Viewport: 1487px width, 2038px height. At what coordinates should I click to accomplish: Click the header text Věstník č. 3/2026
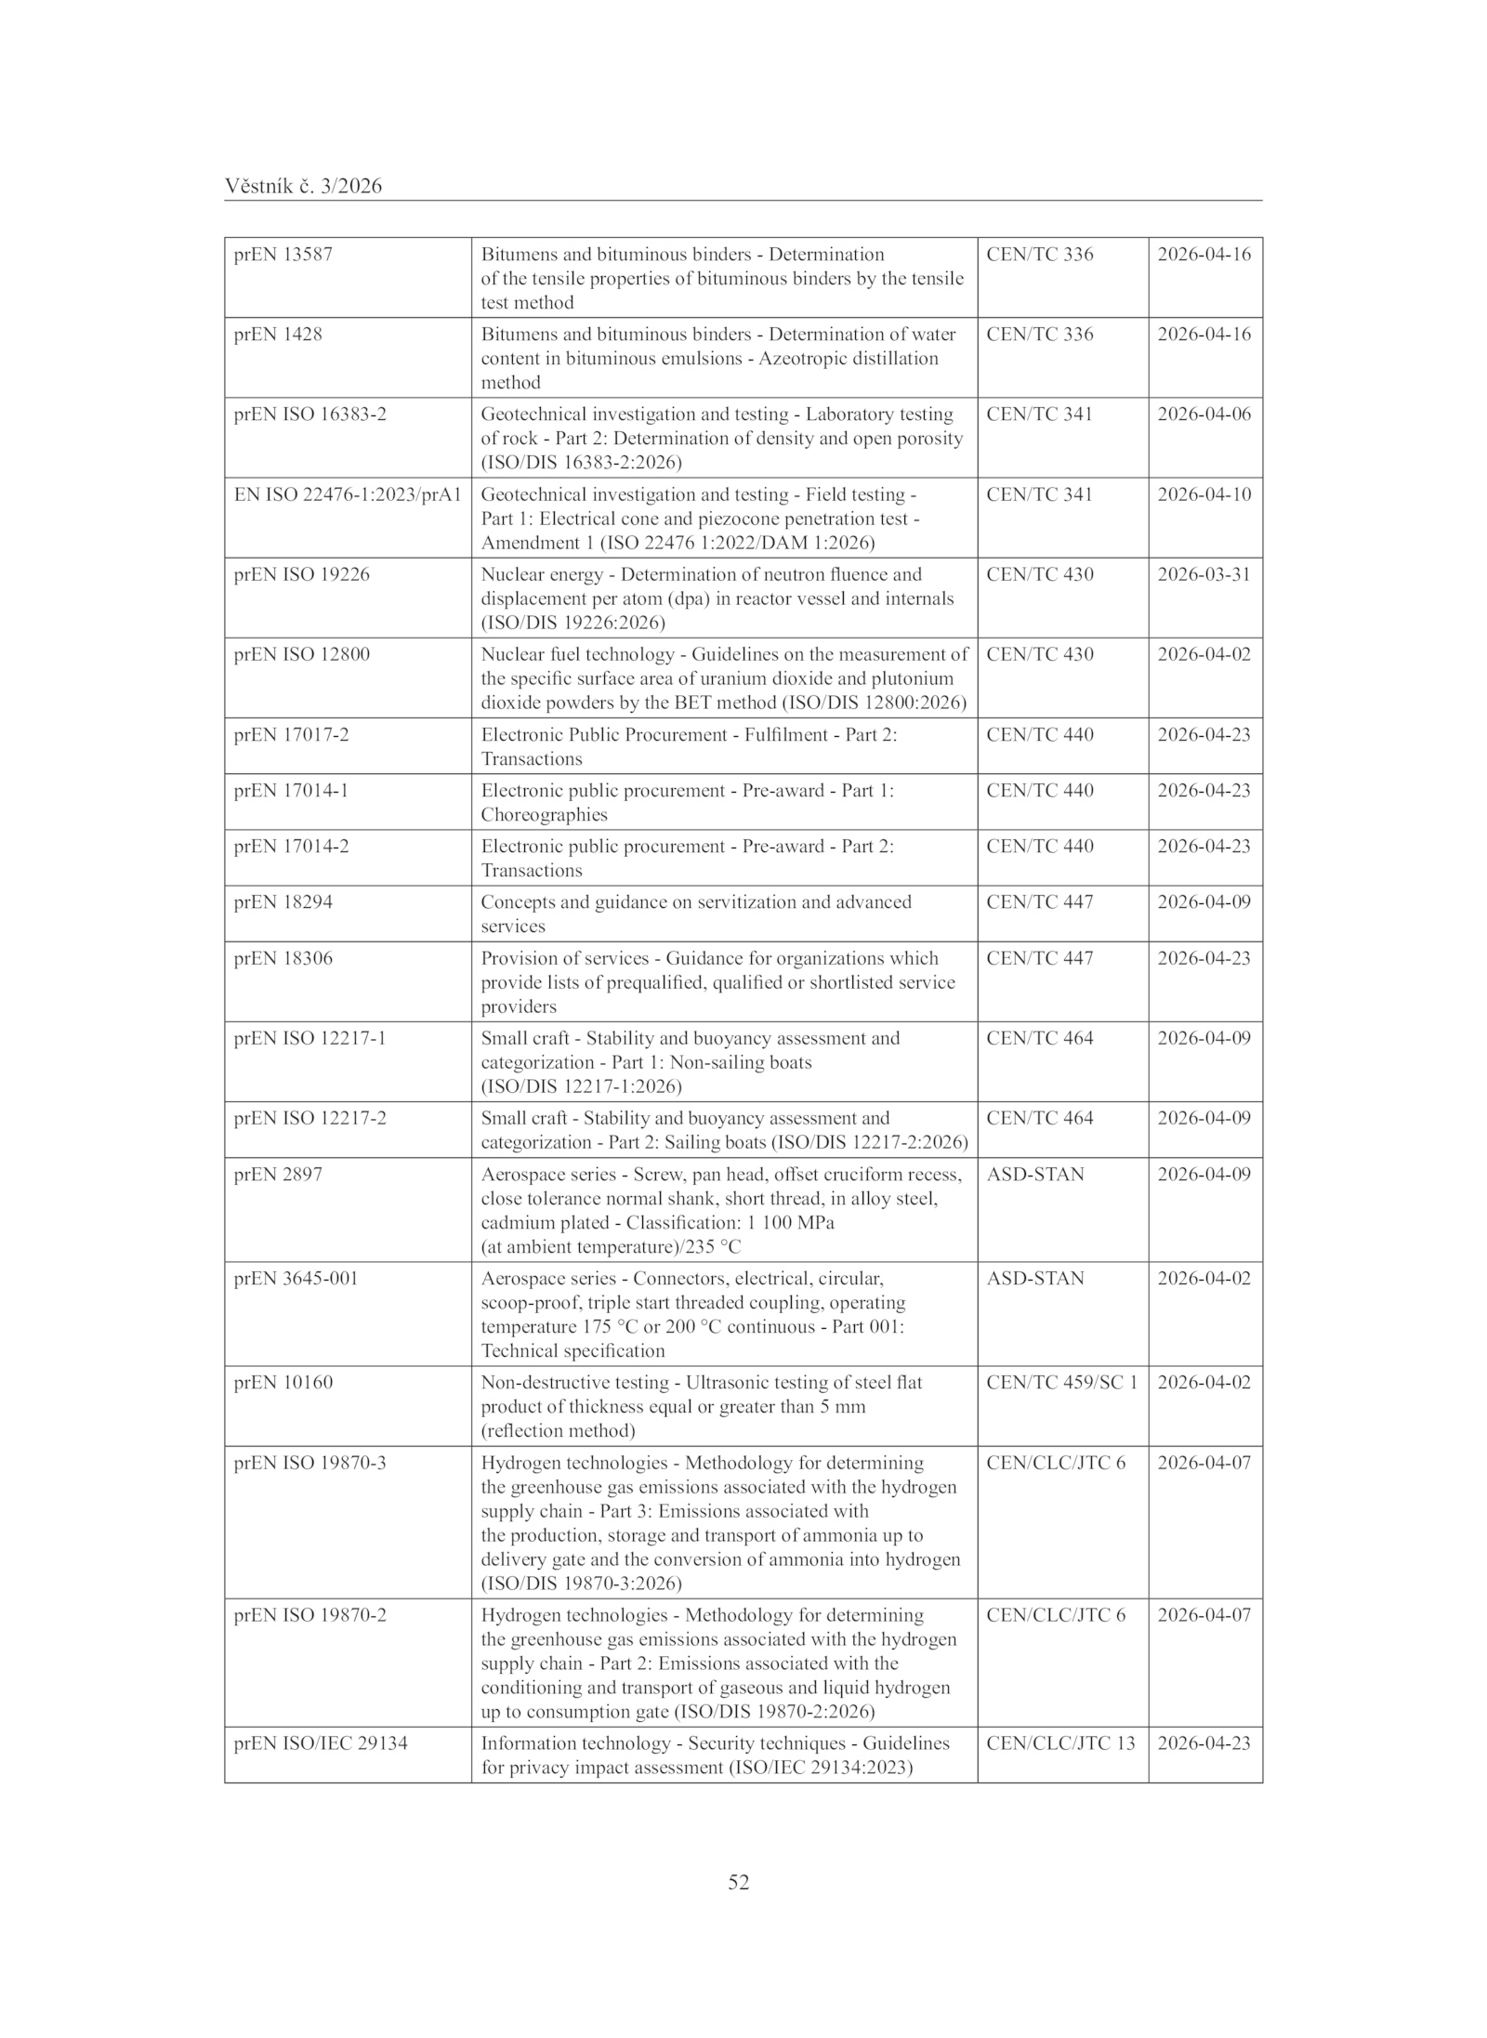coord(303,187)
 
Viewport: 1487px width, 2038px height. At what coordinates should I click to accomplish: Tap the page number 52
coord(739,1882)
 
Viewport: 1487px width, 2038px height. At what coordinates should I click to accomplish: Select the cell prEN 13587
coord(283,255)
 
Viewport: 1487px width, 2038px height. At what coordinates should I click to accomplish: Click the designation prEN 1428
coord(278,335)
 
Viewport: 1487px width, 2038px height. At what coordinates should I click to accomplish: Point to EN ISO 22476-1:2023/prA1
coord(348,494)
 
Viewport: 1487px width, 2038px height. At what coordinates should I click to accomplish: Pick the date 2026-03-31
coord(1204,574)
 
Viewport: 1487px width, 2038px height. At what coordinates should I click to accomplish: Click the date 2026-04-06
coord(1204,414)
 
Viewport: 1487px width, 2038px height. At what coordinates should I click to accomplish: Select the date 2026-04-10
coord(1204,494)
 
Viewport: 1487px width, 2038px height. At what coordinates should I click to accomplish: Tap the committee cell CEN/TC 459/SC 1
coord(1061,1383)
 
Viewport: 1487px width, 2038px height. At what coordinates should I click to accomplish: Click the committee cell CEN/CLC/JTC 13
coord(1060,1743)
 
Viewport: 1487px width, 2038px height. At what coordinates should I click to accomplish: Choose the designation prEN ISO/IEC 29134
coord(321,1743)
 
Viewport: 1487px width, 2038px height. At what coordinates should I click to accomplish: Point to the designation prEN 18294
coord(283,902)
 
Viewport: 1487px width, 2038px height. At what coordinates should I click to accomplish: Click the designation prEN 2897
coord(278,1175)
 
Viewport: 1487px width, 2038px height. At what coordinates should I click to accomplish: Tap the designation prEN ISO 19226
coord(301,574)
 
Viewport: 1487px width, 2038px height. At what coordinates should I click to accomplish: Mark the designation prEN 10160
coord(283,1383)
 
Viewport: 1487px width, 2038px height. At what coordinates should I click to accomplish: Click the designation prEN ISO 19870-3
coord(309,1463)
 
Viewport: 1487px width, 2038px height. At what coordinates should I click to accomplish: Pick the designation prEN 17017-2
coord(291,735)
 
